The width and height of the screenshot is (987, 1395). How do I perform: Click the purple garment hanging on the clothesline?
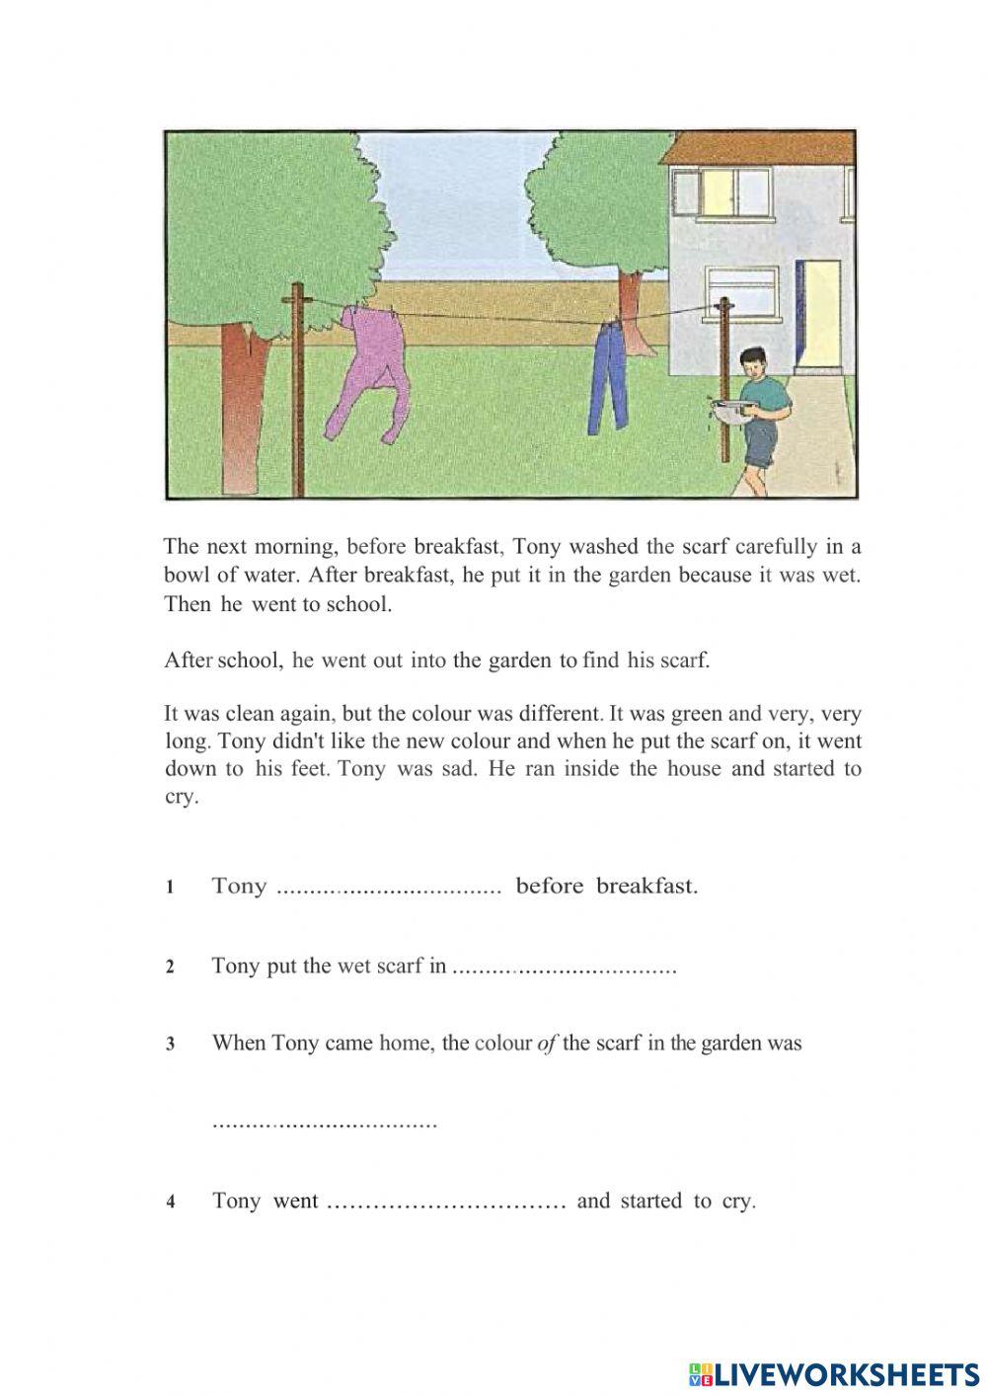coord(367,365)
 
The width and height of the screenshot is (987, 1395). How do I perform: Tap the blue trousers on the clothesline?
coord(609,380)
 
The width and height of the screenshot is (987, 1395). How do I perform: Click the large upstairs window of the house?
coord(720,193)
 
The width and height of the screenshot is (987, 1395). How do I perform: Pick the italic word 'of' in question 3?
coord(547,1043)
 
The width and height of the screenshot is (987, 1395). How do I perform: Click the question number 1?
coord(171,888)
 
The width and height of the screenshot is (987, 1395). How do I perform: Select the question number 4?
coord(171,1202)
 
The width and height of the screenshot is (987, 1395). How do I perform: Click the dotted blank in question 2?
coord(563,969)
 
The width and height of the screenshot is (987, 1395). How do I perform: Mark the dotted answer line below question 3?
coord(325,1124)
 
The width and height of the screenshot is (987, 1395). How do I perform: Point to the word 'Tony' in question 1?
coord(239,886)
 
